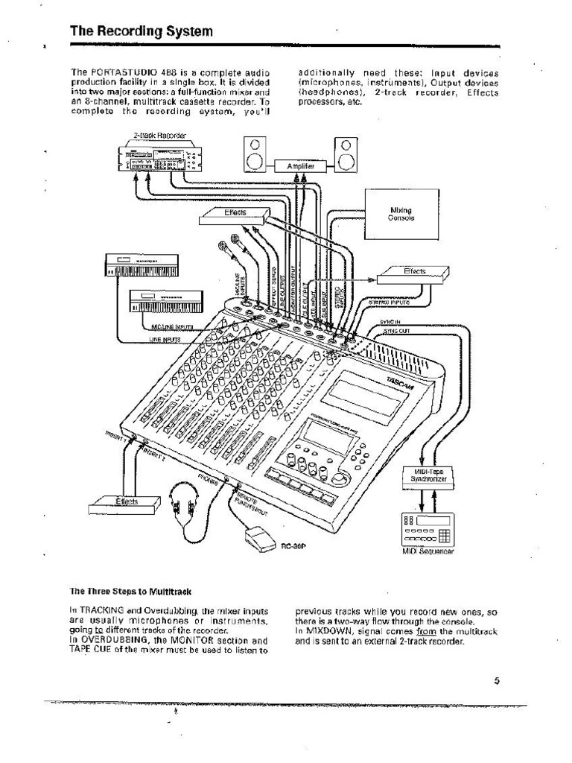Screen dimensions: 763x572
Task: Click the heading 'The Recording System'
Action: click(x=142, y=31)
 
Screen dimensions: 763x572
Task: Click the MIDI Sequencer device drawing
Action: click(x=427, y=530)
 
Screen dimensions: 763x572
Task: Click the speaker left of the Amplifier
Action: click(x=254, y=156)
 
